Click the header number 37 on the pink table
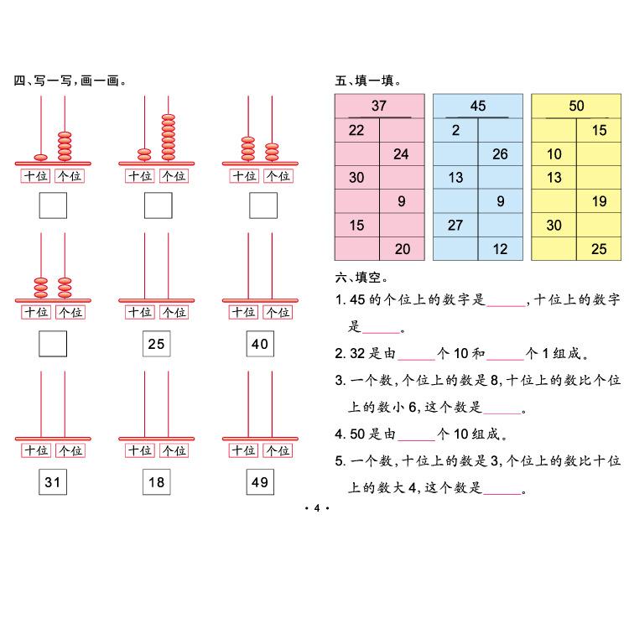[379, 106]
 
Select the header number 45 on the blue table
[478, 106]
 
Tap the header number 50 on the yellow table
[576, 106]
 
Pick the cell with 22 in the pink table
[356, 130]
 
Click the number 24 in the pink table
[401, 153]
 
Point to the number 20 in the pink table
[403, 248]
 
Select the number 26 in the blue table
[500, 153]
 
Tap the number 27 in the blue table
[455, 225]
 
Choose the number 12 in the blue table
[500, 248]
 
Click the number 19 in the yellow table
[599, 201]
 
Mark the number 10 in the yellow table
[554, 153]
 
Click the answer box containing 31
[53, 482]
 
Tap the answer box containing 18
[157, 482]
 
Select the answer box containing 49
[260, 482]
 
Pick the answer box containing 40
[260, 344]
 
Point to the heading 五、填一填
[367, 81]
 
